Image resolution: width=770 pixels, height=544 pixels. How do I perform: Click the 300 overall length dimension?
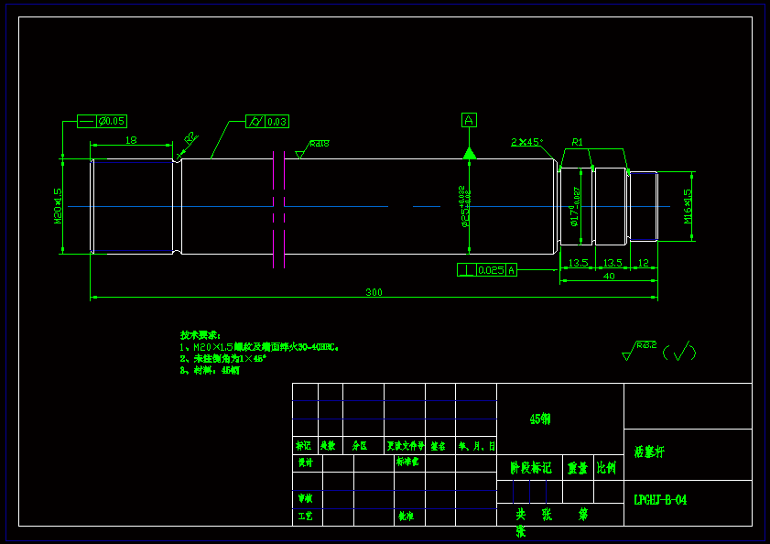click(x=374, y=292)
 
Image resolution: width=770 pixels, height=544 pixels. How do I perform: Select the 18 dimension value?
click(x=131, y=140)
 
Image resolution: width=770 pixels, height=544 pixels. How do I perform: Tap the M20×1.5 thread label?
click(x=58, y=206)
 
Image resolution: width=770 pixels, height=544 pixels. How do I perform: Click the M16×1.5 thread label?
click(x=688, y=206)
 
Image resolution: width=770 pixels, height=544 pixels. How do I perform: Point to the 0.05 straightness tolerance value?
click(x=114, y=121)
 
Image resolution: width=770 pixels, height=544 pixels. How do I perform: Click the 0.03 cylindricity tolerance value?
click(x=277, y=122)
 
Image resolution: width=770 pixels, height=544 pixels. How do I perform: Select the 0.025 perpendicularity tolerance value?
click(x=491, y=269)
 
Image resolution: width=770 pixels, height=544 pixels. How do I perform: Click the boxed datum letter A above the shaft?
click(x=469, y=120)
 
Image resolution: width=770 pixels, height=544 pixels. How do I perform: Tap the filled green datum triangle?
click(x=469, y=152)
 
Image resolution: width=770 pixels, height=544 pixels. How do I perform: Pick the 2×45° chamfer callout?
click(x=526, y=142)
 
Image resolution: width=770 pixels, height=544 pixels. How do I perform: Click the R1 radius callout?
click(x=578, y=142)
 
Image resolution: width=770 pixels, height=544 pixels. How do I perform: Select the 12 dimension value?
click(x=643, y=263)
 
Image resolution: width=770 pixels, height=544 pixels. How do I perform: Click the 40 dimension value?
click(x=609, y=276)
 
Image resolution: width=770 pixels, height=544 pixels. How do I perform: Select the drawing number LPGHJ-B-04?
click(x=660, y=500)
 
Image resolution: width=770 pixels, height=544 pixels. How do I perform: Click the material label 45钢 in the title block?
click(x=540, y=419)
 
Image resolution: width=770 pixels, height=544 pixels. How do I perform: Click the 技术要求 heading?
click(x=200, y=335)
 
